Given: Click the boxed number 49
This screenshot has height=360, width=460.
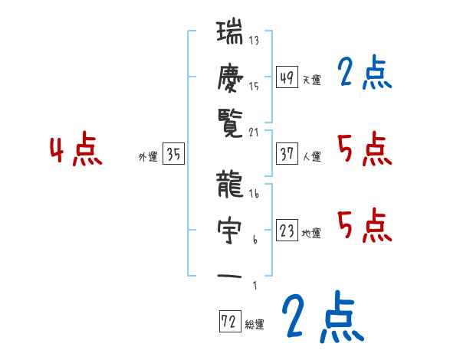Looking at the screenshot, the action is click(x=287, y=77).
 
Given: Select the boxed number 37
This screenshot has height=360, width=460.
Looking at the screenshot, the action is click(x=287, y=154).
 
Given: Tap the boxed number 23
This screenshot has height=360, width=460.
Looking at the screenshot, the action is click(x=287, y=231).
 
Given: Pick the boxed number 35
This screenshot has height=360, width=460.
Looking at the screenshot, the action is click(x=173, y=154).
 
